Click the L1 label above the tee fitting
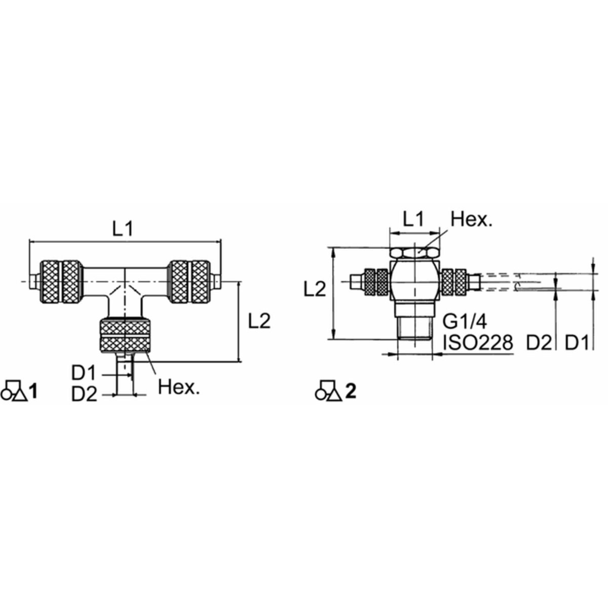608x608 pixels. (123, 229)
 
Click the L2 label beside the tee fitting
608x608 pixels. (259, 321)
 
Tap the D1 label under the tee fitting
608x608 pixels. (84, 374)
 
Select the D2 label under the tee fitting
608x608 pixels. (84, 394)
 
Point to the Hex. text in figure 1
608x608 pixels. (179, 387)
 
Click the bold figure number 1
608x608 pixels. (33, 392)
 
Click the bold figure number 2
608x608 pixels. (351, 392)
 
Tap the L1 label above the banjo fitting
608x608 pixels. (414, 219)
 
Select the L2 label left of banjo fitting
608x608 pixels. (315, 289)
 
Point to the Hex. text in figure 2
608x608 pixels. (471, 219)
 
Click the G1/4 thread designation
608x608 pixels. (465, 322)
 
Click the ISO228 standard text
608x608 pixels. (478, 343)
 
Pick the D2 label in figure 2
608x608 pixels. (539, 343)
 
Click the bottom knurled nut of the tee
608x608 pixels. (125, 336)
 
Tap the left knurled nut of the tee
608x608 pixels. (61, 282)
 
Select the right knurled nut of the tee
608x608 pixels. (190, 282)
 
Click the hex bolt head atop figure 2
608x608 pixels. (414, 252)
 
